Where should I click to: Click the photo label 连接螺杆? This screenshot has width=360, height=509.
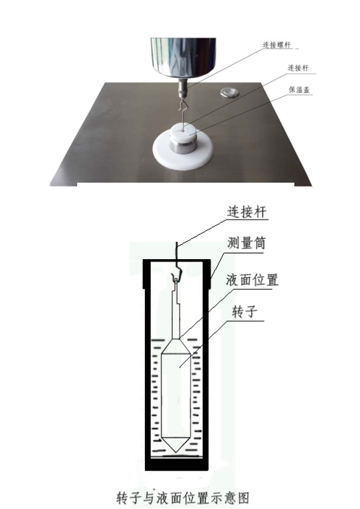pyautogui.click(x=278, y=44)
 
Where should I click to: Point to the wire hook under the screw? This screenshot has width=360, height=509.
pyautogui.click(x=185, y=111)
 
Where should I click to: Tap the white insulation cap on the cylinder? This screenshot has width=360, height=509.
pyautogui.click(x=186, y=134)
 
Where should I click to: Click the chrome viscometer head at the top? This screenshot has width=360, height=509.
pyautogui.click(x=184, y=58)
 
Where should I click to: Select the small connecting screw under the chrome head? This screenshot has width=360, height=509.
pyautogui.click(x=183, y=90)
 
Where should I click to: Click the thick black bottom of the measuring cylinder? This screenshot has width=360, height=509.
pyautogui.click(x=177, y=464)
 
